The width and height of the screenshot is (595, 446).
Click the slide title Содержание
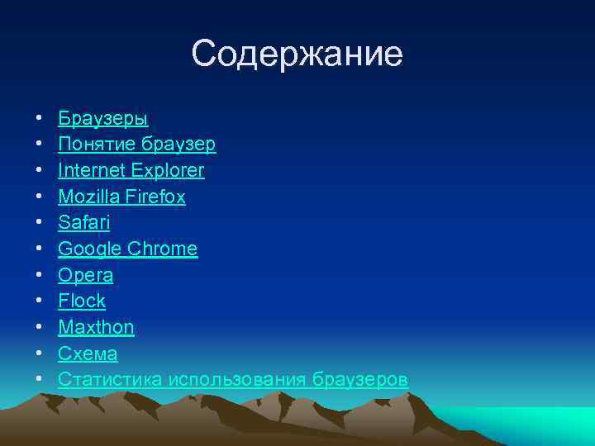point(297,55)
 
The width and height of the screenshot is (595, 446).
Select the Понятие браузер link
point(136,145)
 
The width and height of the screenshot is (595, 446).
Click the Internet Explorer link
point(131,171)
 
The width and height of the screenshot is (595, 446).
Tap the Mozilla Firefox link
point(121,197)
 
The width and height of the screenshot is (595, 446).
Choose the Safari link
point(83,223)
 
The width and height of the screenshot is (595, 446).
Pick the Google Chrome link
point(127,249)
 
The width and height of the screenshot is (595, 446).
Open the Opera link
point(85,275)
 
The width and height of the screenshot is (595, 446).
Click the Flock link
point(82,301)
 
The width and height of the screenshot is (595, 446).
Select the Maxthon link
point(96,327)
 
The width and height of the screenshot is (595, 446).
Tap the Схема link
point(88,353)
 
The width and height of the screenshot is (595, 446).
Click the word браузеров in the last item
point(360,379)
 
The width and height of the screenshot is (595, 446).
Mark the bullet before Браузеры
point(39,119)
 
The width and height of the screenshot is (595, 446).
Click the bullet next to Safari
point(39,224)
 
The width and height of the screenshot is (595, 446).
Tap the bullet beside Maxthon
point(39,328)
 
